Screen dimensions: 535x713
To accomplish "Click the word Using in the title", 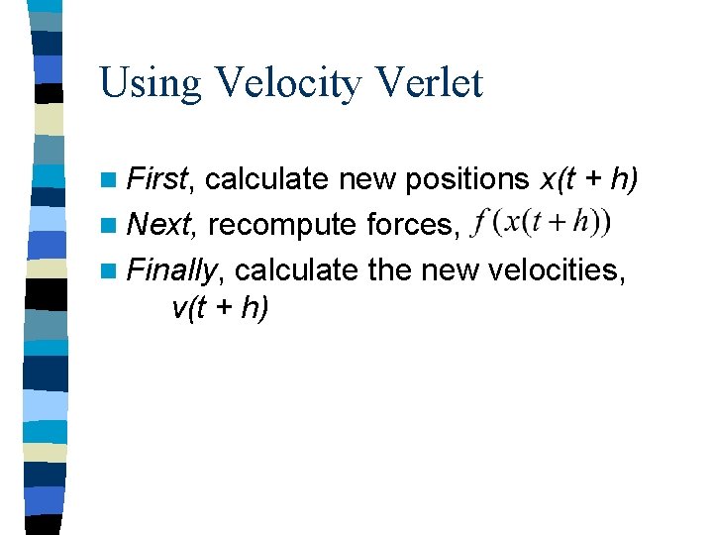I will (x=150, y=83).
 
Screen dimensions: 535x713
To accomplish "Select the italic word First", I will (x=162, y=179).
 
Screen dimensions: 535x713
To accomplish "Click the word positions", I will (x=462, y=179).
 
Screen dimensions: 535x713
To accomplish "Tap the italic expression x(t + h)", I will (x=588, y=179).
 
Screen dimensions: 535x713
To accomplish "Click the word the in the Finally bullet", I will (x=388, y=268).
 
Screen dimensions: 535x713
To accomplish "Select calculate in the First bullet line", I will (x=267, y=179).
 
